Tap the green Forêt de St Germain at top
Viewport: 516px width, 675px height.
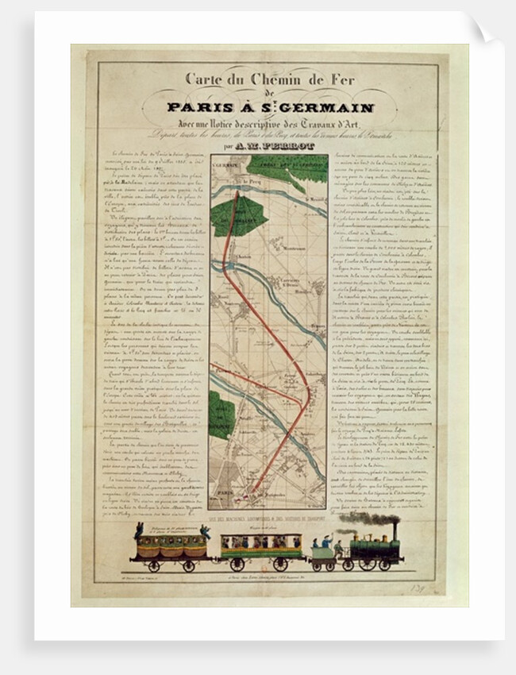[x=286, y=167]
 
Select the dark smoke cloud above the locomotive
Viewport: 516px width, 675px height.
[x=369, y=518]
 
